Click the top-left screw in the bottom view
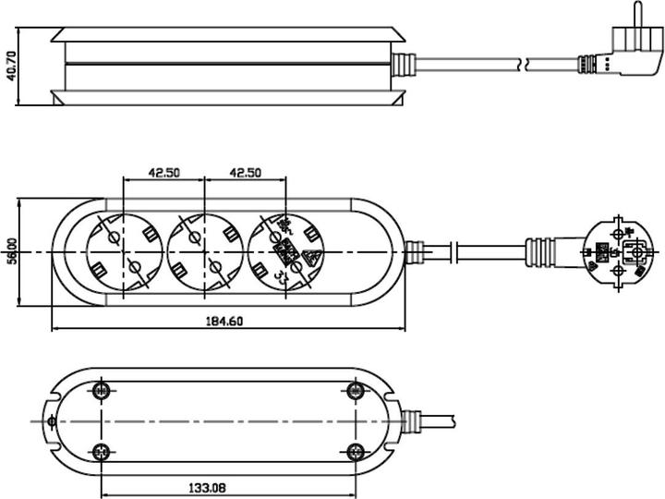[x=102, y=390]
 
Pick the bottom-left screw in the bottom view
[x=102, y=451]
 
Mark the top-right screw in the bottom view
[x=354, y=390]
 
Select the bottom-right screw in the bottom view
[x=354, y=451]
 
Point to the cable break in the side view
[x=525, y=65]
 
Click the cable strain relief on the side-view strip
[x=404, y=65]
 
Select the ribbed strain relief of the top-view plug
[x=542, y=252]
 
